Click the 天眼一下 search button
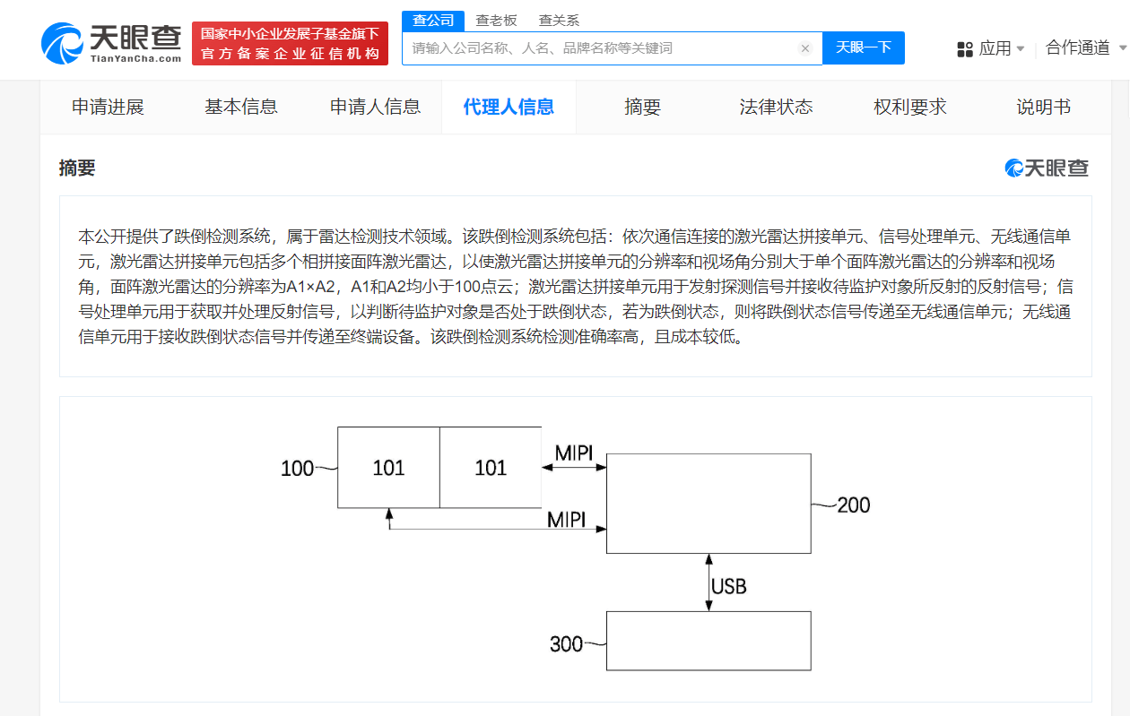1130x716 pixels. coord(863,47)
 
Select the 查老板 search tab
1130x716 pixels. coord(496,21)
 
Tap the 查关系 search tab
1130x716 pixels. coord(559,21)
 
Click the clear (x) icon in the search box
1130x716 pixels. coord(805,48)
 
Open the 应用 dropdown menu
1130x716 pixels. coord(991,48)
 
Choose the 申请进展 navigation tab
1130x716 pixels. coord(108,107)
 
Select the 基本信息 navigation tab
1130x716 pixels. coord(241,107)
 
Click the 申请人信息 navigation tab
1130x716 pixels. coord(375,107)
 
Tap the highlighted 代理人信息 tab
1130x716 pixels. coord(508,107)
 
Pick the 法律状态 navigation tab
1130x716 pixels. coord(776,107)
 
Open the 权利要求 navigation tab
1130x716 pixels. coord(910,107)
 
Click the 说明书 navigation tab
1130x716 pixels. coord(1043,107)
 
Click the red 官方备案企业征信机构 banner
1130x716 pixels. coord(290,43)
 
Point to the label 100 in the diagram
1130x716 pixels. coord(297,469)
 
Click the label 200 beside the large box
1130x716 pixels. coord(854,505)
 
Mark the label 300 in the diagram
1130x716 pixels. coord(566,644)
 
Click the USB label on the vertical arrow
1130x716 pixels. coord(728,586)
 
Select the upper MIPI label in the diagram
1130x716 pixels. coord(574,453)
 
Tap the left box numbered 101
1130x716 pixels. coord(388,468)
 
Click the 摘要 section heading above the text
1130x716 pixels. coord(77,168)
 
